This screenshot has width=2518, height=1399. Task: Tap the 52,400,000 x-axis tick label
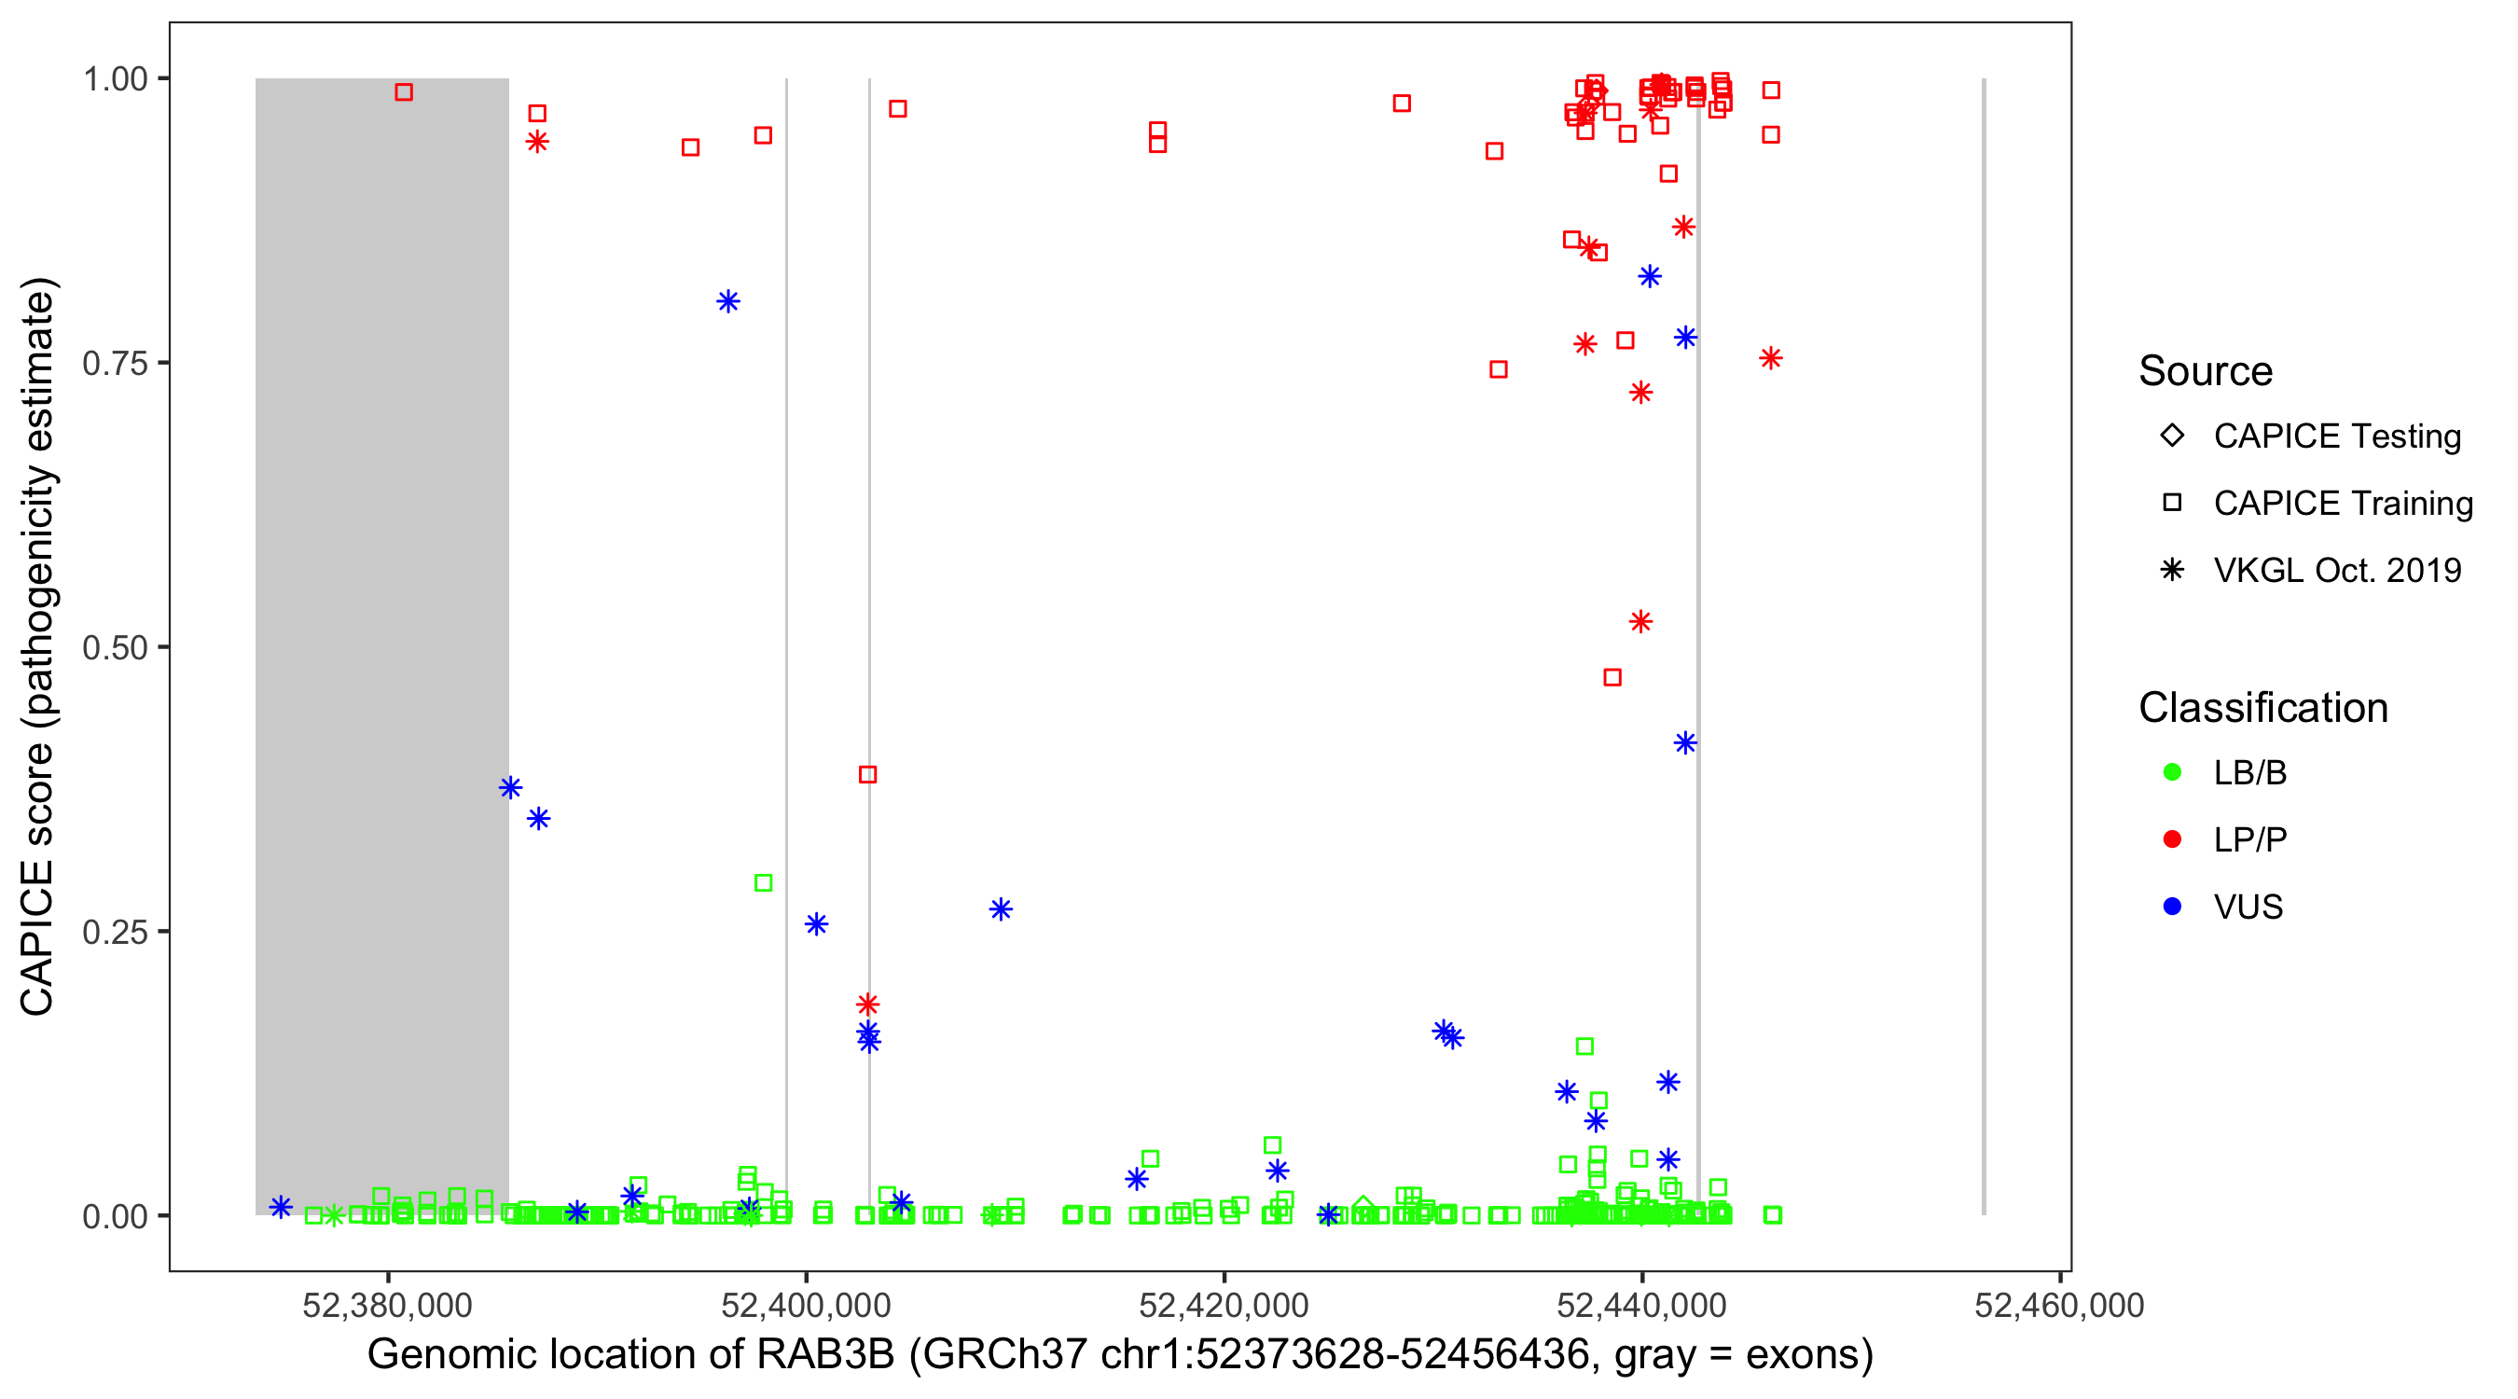(806, 1305)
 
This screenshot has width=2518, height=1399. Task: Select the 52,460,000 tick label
(2058, 1305)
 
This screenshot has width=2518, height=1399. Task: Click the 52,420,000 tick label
(1223, 1305)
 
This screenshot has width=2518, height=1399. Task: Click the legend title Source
(2205, 371)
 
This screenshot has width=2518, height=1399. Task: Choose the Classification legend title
(2262, 708)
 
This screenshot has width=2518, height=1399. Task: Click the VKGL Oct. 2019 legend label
(2336, 570)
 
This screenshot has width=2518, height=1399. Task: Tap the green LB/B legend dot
(2172, 772)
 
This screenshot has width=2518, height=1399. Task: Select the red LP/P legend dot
(2172, 839)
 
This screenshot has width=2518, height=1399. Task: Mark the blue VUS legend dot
(2172, 907)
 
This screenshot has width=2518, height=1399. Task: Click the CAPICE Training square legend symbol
(2172, 503)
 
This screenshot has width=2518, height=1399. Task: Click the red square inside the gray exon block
(404, 92)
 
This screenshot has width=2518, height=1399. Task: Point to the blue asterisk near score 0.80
(727, 301)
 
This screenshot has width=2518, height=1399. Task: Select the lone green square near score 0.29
(764, 883)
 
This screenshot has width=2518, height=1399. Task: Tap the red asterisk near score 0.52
(1640, 622)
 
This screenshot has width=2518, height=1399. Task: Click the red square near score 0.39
(867, 774)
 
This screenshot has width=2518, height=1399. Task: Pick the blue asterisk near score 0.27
(1000, 909)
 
